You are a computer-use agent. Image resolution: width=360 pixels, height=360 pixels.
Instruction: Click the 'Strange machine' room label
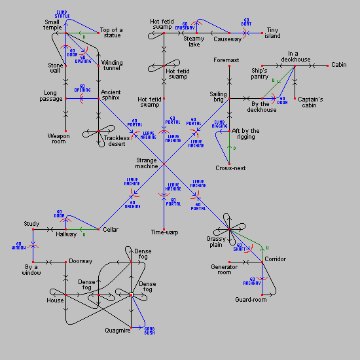(x=147, y=162)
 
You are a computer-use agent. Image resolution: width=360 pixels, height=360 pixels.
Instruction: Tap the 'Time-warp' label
(x=164, y=232)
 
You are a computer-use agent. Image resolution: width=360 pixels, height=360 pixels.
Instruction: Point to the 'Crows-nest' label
(x=230, y=168)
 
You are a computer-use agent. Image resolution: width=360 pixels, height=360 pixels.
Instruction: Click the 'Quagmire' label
(x=118, y=331)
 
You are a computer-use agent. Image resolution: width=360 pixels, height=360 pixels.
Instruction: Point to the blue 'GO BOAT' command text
(x=247, y=23)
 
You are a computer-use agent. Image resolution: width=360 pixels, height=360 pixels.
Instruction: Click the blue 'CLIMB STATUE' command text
(x=62, y=14)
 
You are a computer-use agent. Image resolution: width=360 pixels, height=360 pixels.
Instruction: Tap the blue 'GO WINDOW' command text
(x=18, y=246)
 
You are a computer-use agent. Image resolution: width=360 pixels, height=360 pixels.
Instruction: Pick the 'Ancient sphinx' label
(x=110, y=96)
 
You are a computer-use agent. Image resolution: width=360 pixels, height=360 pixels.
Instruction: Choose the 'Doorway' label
(x=81, y=261)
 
